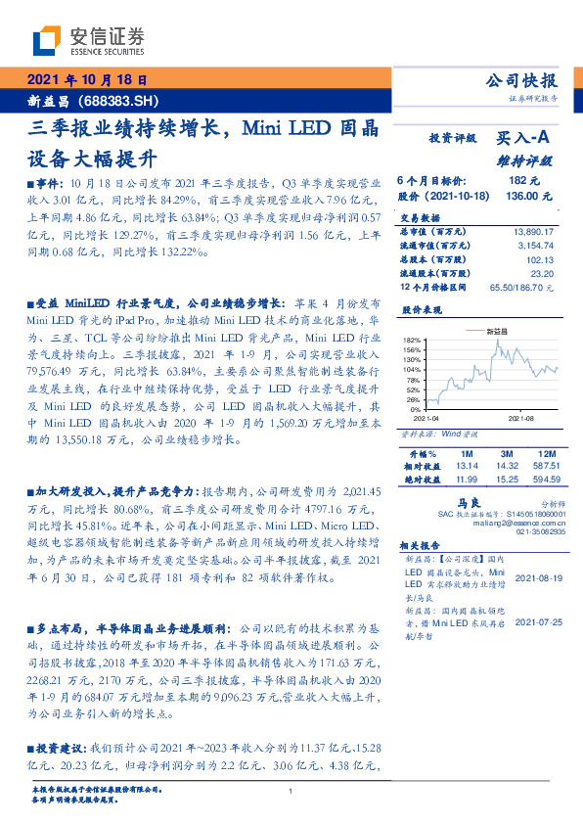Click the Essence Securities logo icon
[x=47, y=40]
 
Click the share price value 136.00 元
[x=516, y=196]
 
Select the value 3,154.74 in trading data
[x=536, y=245]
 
